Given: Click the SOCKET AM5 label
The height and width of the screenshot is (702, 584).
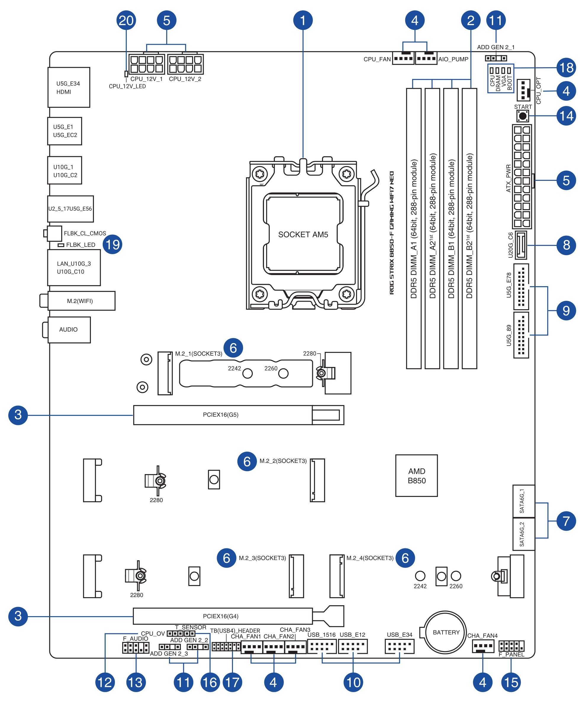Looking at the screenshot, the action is [303, 235].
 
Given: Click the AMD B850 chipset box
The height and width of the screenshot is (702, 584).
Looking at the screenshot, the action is [416, 476].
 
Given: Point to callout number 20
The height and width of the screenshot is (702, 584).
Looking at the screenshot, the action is [126, 20].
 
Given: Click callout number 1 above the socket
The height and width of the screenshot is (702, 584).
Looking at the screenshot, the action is [303, 20].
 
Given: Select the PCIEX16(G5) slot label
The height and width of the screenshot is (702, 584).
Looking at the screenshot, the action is [221, 415].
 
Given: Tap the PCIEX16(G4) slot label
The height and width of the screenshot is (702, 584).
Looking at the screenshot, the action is [221, 616].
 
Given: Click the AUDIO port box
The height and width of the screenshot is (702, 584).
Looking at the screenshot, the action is [69, 330].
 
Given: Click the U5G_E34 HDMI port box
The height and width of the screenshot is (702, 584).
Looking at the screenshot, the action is [69, 87].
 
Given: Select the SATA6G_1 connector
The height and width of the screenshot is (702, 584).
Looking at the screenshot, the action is [524, 501].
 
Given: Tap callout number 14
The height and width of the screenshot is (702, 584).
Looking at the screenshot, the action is [566, 116].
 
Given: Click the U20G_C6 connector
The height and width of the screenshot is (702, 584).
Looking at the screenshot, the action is [521, 245].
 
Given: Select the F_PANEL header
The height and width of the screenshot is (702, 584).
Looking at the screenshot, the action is [511, 646].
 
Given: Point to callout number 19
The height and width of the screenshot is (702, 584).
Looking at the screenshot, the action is [112, 244].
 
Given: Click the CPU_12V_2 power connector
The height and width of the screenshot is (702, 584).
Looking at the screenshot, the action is [185, 64].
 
